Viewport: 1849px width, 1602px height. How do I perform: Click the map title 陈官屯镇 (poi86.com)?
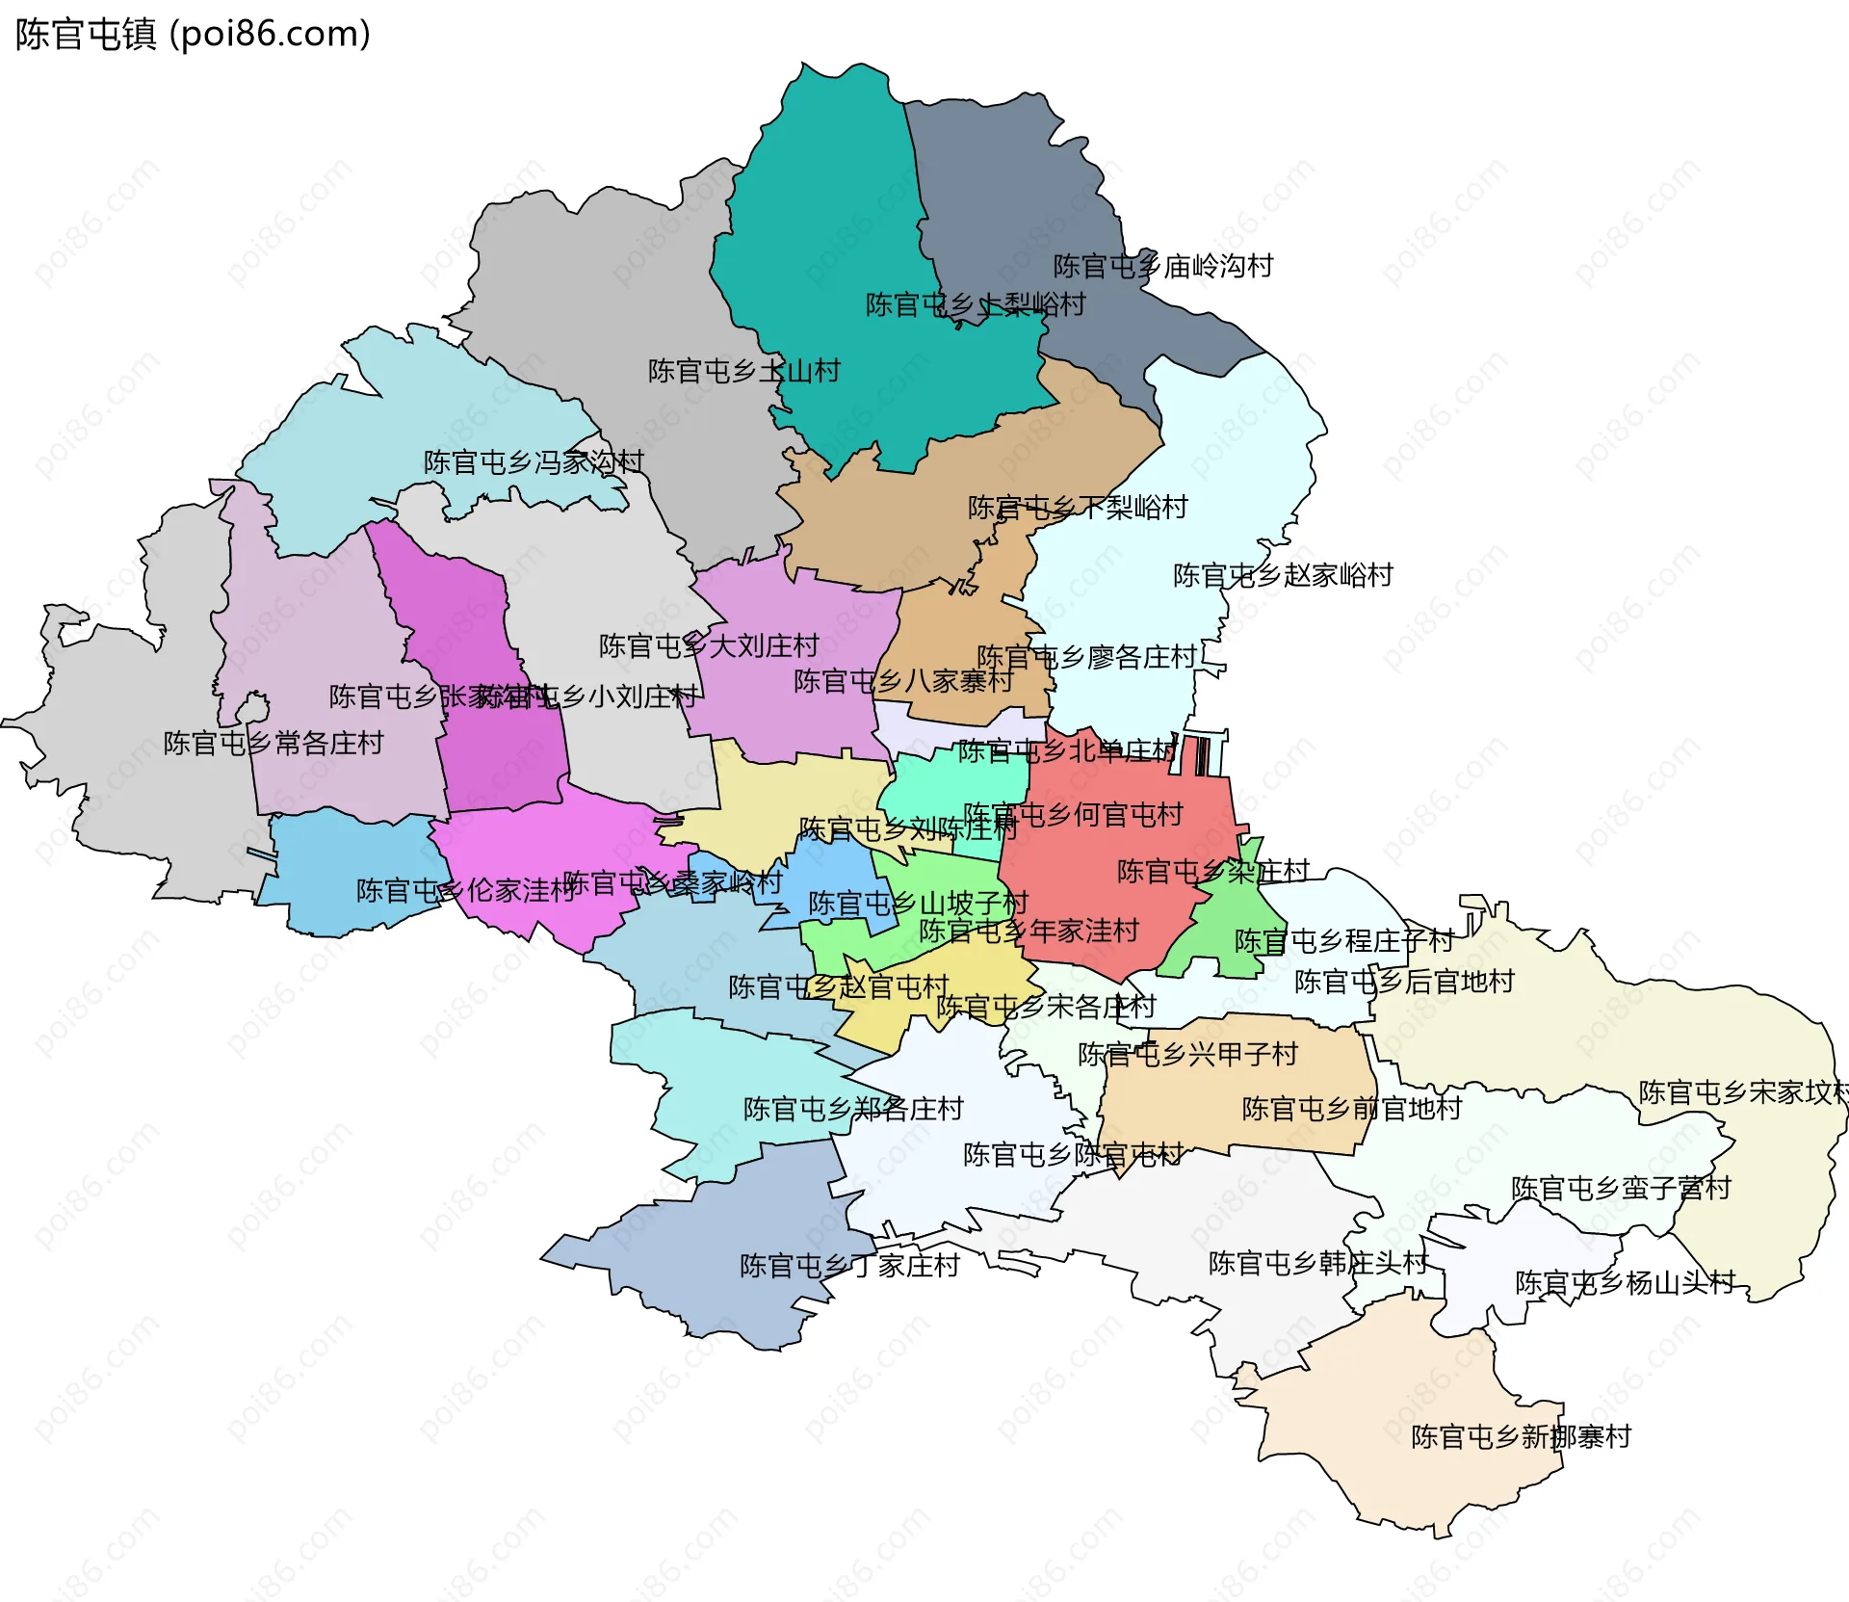coord(193,35)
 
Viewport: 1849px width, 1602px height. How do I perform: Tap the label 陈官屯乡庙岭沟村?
coord(1162,266)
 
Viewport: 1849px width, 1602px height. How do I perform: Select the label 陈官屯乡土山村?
coord(743,371)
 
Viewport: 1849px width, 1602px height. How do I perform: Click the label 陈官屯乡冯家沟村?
coord(534,462)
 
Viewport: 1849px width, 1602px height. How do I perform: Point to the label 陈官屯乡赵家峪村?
coord(1283,575)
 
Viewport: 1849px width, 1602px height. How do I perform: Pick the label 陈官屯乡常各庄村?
coord(273,743)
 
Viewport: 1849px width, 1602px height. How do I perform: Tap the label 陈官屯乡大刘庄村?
coord(709,645)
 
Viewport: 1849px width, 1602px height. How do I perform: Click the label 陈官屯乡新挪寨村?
coord(1521,1436)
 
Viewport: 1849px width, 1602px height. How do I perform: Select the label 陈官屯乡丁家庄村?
coord(849,1265)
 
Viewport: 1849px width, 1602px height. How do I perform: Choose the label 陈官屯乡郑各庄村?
coord(853,1109)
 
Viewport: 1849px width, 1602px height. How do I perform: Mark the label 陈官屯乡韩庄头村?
coord(1318,1262)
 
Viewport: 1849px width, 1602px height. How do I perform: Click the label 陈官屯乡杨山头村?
coord(1625,1282)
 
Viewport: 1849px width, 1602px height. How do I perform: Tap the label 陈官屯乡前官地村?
coord(1351,1109)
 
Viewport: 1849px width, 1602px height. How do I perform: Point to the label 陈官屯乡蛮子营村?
coord(1621,1188)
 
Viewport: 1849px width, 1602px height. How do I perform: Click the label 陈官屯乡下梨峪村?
coord(1078,507)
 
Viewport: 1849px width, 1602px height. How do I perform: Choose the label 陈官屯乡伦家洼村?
coord(466,890)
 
